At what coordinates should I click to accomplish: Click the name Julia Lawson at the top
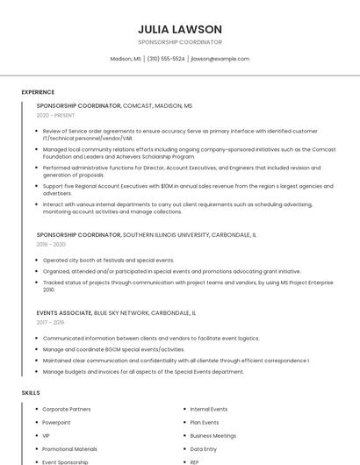(180, 29)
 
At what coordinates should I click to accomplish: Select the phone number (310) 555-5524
(165, 59)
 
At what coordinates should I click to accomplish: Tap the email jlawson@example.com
(220, 59)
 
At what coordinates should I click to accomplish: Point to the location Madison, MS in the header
(125, 59)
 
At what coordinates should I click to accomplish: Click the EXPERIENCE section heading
(38, 92)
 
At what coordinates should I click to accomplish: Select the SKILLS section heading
(31, 393)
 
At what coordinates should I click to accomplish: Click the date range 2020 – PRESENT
(55, 115)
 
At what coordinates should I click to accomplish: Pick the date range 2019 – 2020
(51, 245)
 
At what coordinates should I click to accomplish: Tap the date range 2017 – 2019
(51, 322)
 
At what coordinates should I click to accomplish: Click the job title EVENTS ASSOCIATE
(64, 312)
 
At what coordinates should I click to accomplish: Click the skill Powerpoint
(57, 422)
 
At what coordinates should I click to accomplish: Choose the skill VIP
(47, 435)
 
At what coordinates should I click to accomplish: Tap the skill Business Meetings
(212, 435)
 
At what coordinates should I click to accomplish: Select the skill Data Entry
(203, 448)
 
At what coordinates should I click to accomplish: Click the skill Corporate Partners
(67, 409)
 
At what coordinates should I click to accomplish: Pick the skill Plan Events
(205, 422)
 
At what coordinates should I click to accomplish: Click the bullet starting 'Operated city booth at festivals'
(108, 261)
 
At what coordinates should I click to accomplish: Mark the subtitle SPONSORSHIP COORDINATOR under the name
(180, 42)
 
